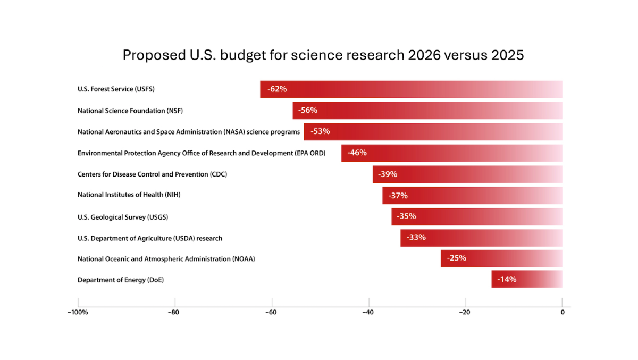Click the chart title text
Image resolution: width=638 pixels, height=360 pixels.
[x=323, y=55]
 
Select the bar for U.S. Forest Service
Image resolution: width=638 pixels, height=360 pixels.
[x=411, y=89]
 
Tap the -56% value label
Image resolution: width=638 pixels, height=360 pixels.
[x=308, y=111]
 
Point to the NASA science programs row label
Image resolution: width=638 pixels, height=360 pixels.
[x=189, y=132]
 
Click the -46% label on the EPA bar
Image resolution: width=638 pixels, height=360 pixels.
[x=357, y=153]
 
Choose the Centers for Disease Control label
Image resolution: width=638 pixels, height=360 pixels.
[x=153, y=174]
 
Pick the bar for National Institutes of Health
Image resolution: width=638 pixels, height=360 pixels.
[x=472, y=196]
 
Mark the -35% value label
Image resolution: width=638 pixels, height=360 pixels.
[x=406, y=216]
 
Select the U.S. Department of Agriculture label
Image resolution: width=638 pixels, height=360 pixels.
[x=150, y=238]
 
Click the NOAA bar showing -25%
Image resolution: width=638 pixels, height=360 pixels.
[x=501, y=258]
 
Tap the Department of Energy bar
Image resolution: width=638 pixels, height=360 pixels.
[x=526, y=279]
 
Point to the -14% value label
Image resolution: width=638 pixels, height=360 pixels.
[x=507, y=279]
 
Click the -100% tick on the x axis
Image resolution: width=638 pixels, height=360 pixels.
[x=78, y=313]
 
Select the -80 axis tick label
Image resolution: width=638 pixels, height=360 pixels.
[x=173, y=313]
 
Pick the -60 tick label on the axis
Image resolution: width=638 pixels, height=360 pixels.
[x=271, y=313]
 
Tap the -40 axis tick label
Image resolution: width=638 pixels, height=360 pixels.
[x=368, y=313]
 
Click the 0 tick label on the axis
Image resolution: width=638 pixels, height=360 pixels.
[x=562, y=313]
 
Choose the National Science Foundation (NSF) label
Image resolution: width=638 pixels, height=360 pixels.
[x=130, y=111]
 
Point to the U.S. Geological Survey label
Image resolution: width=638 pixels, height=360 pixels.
[x=123, y=217]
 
